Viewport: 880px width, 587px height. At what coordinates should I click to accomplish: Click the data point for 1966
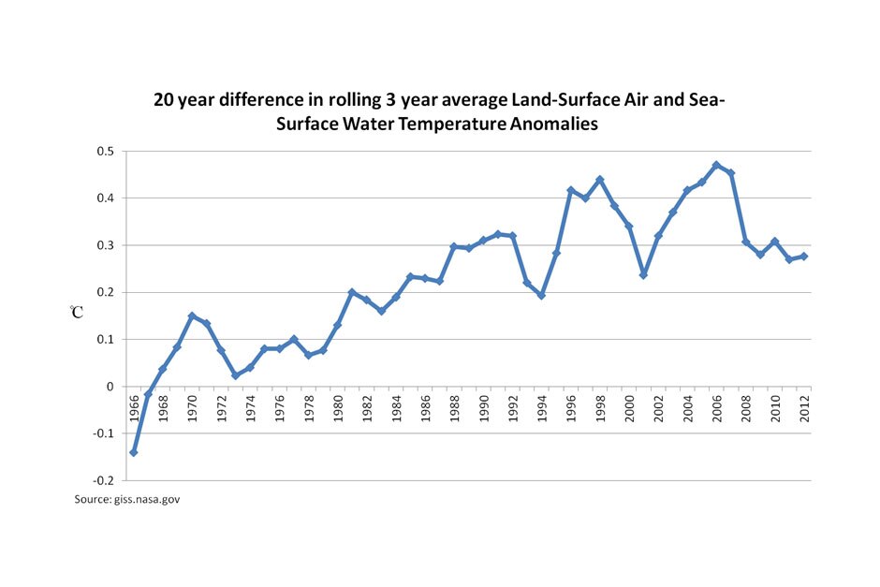pyautogui.click(x=134, y=452)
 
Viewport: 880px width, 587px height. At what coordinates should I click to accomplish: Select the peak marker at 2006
pyautogui.click(x=717, y=165)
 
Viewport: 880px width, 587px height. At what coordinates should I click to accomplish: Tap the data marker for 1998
pyautogui.click(x=600, y=180)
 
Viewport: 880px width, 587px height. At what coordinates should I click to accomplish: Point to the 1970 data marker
pyautogui.click(x=192, y=316)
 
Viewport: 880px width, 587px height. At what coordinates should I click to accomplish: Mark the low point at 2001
pyautogui.click(x=644, y=275)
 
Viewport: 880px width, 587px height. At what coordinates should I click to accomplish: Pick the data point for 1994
pyautogui.click(x=542, y=295)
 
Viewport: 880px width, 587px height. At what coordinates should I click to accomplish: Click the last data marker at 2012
pyautogui.click(x=803, y=256)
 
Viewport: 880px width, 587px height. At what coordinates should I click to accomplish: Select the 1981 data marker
pyautogui.click(x=352, y=292)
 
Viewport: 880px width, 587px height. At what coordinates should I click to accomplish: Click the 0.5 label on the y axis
pyautogui.click(x=106, y=152)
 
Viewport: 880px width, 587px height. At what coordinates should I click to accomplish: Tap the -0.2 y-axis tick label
pyautogui.click(x=104, y=481)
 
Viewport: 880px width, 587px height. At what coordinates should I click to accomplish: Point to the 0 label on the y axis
pyautogui.click(x=110, y=387)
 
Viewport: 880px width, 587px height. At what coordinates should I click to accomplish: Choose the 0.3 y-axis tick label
pyautogui.click(x=106, y=245)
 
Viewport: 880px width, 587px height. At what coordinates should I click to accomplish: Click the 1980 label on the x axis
pyautogui.click(x=338, y=408)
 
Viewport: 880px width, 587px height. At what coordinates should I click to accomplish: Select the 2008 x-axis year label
pyautogui.click(x=746, y=408)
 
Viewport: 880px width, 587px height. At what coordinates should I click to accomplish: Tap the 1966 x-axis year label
pyautogui.click(x=134, y=408)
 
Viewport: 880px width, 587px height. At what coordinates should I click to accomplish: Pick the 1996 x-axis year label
pyautogui.click(x=571, y=408)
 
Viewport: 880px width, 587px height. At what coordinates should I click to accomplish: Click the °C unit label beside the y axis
pyautogui.click(x=77, y=312)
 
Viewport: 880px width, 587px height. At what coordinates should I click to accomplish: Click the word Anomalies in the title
pyautogui.click(x=554, y=124)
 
